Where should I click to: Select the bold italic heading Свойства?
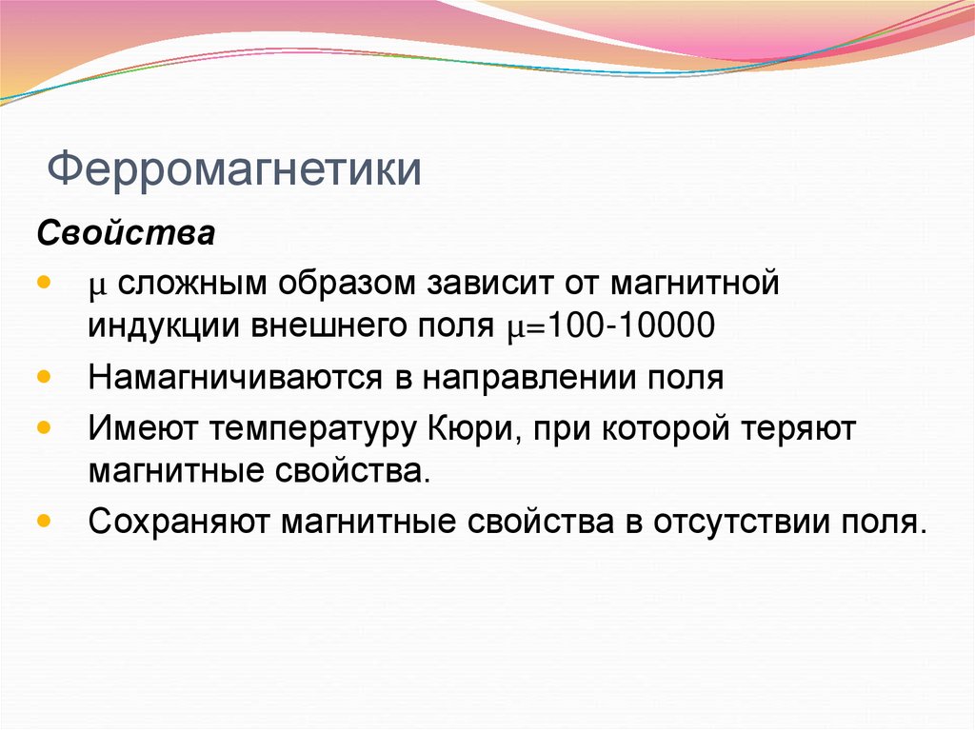pos(126,232)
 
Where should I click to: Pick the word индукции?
pos(164,326)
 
